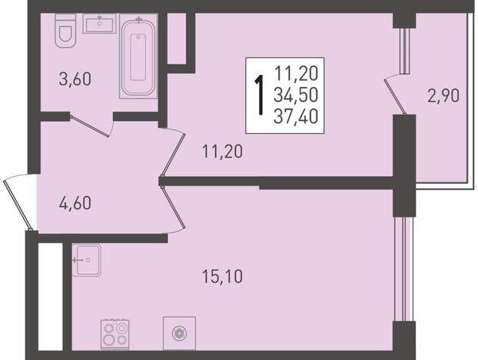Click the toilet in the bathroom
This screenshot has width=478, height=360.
(65, 30)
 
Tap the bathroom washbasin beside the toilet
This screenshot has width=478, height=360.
(100, 23)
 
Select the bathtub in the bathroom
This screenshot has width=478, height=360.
(138, 56)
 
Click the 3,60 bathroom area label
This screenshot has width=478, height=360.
(75, 79)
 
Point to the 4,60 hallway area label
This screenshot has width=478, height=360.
(75, 203)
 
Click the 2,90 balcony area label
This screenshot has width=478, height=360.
(443, 96)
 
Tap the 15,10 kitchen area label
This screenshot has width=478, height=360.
(222, 277)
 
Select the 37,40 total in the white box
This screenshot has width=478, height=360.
(296, 116)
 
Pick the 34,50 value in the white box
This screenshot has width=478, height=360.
(296, 95)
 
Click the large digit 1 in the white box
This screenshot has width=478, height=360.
(260, 96)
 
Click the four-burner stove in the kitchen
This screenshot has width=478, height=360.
(115, 335)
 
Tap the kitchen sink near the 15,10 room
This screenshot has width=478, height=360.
(87, 260)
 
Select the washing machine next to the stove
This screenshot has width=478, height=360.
(179, 333)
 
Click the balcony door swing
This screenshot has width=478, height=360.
(395, 95)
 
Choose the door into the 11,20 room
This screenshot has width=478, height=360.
(173, 152)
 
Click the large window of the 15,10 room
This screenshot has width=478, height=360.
(404, 269)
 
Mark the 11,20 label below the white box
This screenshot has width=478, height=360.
(222, 151)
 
